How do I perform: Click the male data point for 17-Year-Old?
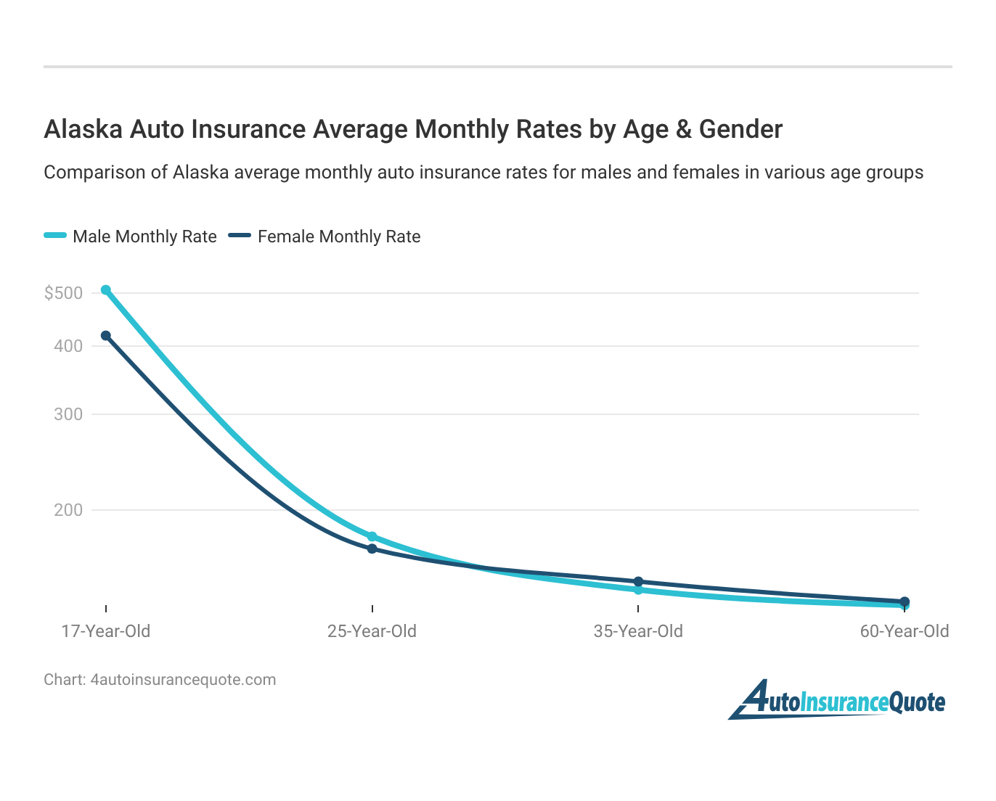click(x=106, y=290)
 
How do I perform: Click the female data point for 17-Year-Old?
click(x=106, y=336)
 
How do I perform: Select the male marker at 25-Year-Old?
click(x=372, y=537)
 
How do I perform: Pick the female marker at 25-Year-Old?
click(x=372, y=549)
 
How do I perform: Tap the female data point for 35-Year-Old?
click(x=638, y=582)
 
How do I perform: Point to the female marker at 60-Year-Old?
click(x=905, y=601)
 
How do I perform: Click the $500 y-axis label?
click(x=64, y=293)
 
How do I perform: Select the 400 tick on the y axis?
click(x=69, y=346)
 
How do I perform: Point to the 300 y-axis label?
click(x=69, y=414)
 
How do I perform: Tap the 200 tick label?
click(x=69, y=510)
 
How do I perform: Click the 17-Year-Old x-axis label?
click(x=106, y=631)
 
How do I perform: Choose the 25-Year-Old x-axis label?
click(x=372, y=631)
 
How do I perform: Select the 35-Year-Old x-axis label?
click(x=638, y=631)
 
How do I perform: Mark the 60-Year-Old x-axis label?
click(x=905, y=631)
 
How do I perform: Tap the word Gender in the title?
click(x=740, y=129)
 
